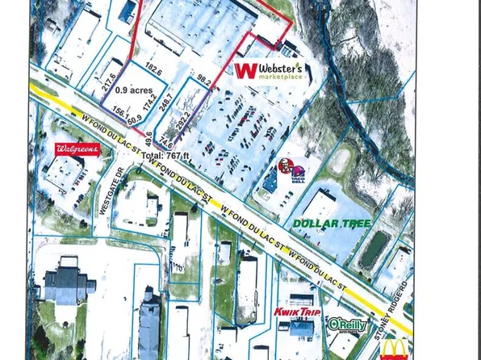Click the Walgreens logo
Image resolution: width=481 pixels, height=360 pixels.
[x=77, y=149]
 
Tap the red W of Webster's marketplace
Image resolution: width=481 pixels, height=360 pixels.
[x=243, y=69]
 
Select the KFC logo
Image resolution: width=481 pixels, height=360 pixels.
[x=283, y=168]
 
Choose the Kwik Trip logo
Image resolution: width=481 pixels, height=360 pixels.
[x=293, y=311]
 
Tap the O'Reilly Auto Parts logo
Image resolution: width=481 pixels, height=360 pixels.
[x=341, y=324]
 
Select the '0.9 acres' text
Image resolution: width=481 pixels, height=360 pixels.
[x=133, y=92]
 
